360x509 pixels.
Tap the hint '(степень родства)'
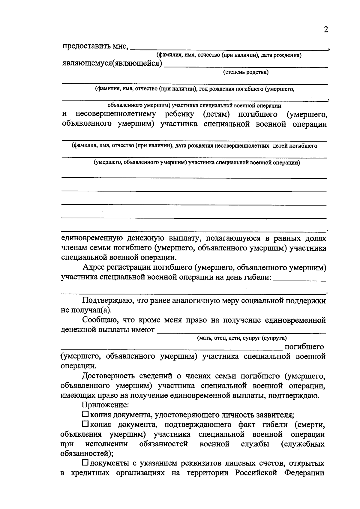tap(245, 72)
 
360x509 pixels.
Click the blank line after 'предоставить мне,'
tap(229, 49)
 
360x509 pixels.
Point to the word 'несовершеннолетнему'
tap(116, 114)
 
